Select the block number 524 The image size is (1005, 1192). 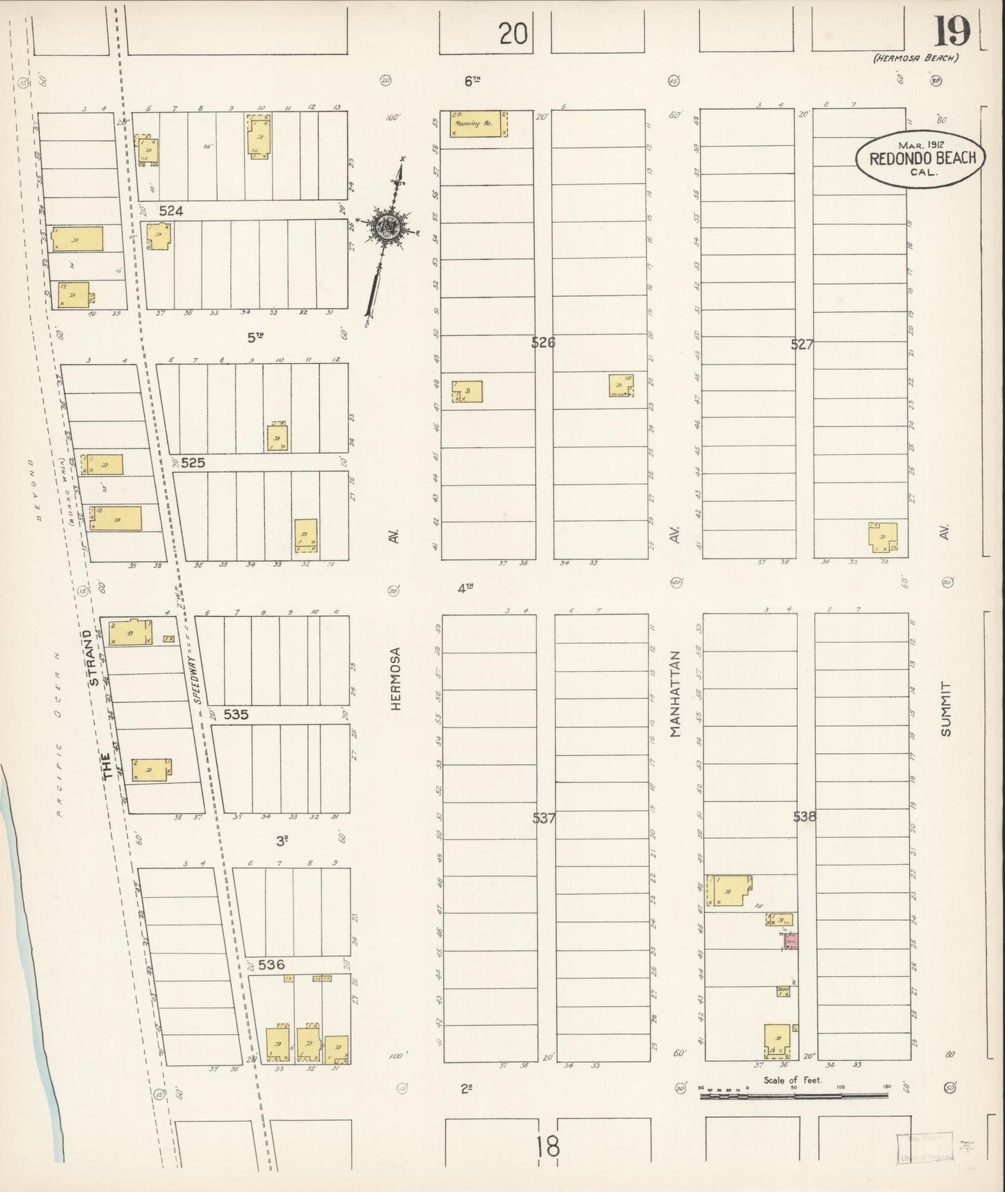170,211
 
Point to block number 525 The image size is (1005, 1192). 193,462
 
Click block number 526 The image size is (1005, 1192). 543,342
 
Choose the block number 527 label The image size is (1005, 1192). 801,344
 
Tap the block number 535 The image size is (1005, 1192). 236,714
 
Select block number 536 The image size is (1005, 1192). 271,965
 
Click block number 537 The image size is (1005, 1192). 544,819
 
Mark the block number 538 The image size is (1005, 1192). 804,817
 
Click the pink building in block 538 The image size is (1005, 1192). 791,941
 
